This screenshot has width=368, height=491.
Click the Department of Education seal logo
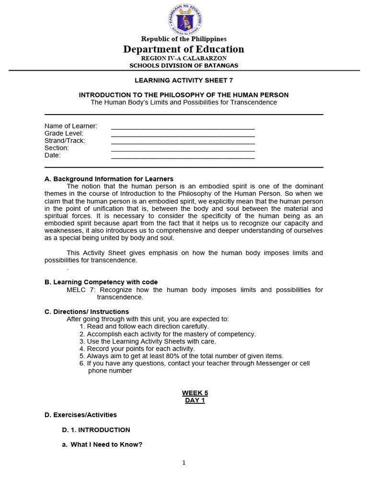[184, 19]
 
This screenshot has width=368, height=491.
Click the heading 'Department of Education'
[184, 49]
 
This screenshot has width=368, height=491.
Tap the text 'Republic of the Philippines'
[184, 39]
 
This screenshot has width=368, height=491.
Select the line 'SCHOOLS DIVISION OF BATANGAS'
[184, 65]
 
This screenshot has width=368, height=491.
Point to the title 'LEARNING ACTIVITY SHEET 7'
[184, 81]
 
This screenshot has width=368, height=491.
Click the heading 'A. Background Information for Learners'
[109, 179]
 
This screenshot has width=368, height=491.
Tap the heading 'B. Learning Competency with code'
[101, 282]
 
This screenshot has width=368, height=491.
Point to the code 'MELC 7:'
[81, 290]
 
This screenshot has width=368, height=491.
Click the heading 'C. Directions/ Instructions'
[87, 312]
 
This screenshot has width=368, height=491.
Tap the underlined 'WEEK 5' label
[195, 393]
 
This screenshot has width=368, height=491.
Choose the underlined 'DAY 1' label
[195, 400]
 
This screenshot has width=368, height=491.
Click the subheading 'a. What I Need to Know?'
[102, 444]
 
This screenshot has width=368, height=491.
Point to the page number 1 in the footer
[184, 463]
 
